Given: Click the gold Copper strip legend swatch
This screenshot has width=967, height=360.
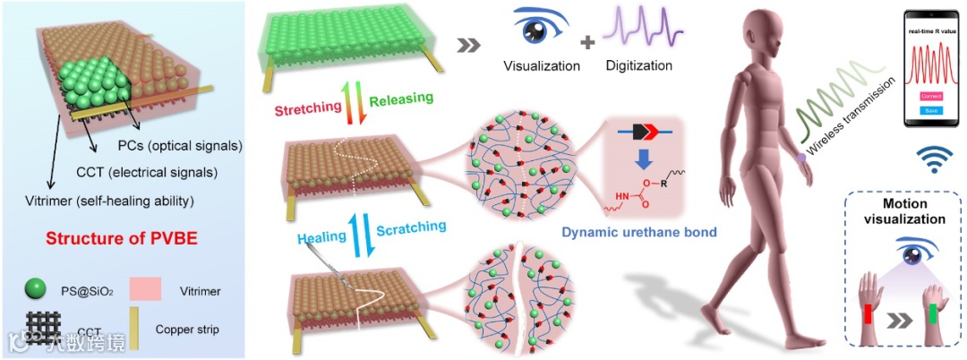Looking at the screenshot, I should click(135, 329).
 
